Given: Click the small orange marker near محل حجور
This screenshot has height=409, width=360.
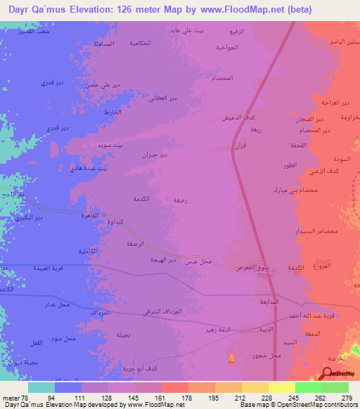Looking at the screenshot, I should coord(232,359).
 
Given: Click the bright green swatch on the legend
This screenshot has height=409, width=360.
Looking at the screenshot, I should coord(309,387).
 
